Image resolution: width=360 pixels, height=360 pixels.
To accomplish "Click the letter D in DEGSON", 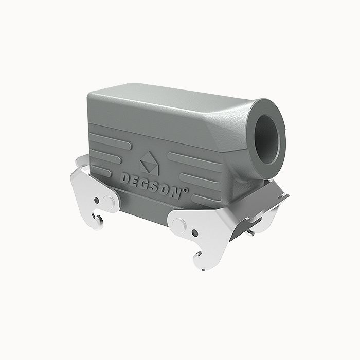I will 126,178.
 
